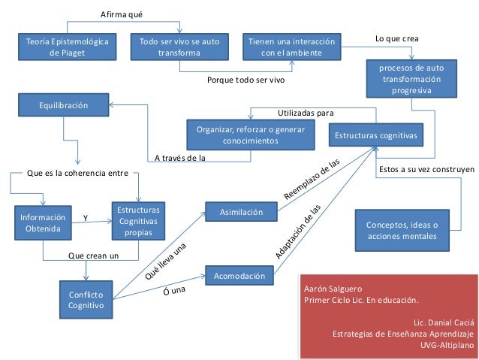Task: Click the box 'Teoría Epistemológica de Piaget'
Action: pyautogui.click(x=68, y=47)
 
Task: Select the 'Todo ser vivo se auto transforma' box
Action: pyautogui.click(x=179, y=47)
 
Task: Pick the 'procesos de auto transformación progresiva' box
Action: pyautogui.click(x=411, y=80)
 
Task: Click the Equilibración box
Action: pyautogui.click(x=64, y=107)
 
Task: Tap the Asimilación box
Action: pyautogui.click(x=241, y=213)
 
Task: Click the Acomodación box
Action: pyautogui.click(x=241, y=276)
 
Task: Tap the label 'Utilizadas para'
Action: pyautogui.click(x=306, y=113)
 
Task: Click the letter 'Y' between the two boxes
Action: pyautogui.click(x=85, y=218)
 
